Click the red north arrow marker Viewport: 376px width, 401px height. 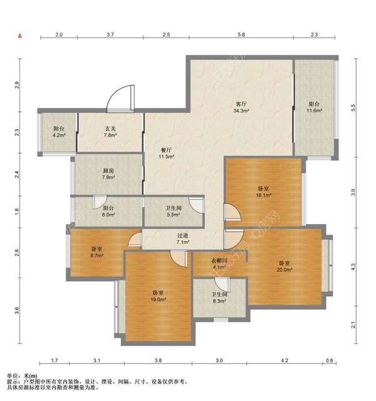[20, 36]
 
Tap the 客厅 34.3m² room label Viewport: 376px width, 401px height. [241, 107]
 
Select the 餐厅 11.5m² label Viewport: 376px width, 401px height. [166, 153]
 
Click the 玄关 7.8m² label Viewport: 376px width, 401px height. [110, 132]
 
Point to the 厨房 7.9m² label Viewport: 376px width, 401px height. [108, 174]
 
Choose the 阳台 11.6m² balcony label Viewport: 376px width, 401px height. [314, 107]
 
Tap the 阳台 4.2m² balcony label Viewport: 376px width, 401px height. [59, 132]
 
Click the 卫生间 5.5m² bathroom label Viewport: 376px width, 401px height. [174, 211]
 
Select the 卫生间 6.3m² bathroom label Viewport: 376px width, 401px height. [219, 298]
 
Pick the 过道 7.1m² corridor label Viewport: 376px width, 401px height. [183, 238]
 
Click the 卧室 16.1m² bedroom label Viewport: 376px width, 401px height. [263, 192]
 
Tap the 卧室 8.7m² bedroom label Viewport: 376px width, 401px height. [97, 252]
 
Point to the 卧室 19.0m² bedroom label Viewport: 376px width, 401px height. [158, 296]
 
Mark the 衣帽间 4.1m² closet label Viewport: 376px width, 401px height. [219, 264]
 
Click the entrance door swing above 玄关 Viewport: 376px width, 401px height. [120, 99]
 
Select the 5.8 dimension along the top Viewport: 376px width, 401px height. [241, 35]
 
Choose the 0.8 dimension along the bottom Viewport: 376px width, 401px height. [330, 361]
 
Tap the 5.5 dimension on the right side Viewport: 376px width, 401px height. [353, 108]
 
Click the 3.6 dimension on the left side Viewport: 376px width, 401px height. [16, 311]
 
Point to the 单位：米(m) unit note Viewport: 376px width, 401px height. [22, 376]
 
